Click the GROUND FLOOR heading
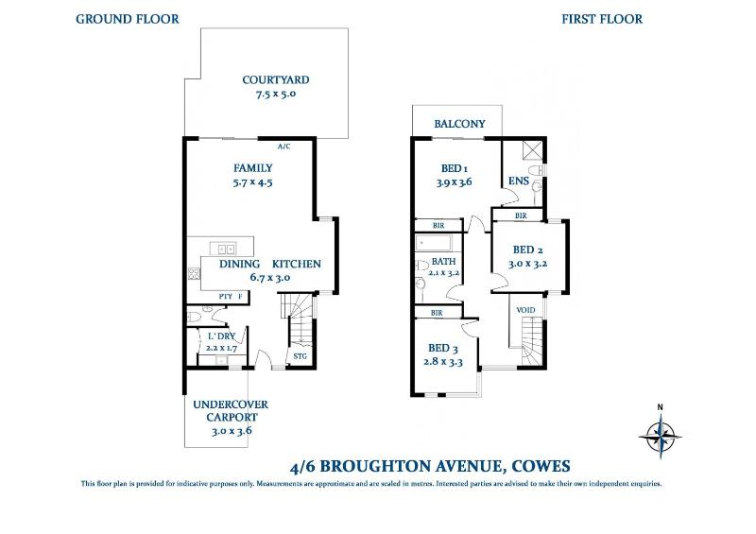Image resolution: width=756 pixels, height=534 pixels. (128, 19)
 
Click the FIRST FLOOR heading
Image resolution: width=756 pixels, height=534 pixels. (602, 19)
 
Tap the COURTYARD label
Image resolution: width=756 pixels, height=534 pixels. (276, 80)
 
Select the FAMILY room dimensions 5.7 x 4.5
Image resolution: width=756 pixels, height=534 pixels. (253, 182)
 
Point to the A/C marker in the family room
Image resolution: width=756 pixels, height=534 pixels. (284, 146)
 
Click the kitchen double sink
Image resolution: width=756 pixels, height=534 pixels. (223, 249)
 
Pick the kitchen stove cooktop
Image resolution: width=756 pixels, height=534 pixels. (195, 273)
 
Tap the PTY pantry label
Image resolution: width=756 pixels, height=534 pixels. (226, 296)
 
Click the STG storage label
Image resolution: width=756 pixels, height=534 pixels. (300, 356)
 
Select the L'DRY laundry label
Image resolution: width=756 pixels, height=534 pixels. (221, 336)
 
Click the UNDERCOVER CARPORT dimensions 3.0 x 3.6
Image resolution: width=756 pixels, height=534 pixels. (232, 431)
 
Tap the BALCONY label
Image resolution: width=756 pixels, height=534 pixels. (459, 124)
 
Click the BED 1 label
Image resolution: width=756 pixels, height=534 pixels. (455, 168)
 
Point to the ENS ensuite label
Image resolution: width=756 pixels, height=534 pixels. (519, 181)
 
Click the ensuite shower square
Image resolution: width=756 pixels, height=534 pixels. (532, 150)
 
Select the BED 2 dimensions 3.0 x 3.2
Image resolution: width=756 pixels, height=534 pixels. (527, 264)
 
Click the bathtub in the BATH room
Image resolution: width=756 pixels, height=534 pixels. (434, 242)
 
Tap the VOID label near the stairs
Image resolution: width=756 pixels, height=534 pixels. (525, 310)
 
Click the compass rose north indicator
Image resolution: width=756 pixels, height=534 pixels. (660, 407)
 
